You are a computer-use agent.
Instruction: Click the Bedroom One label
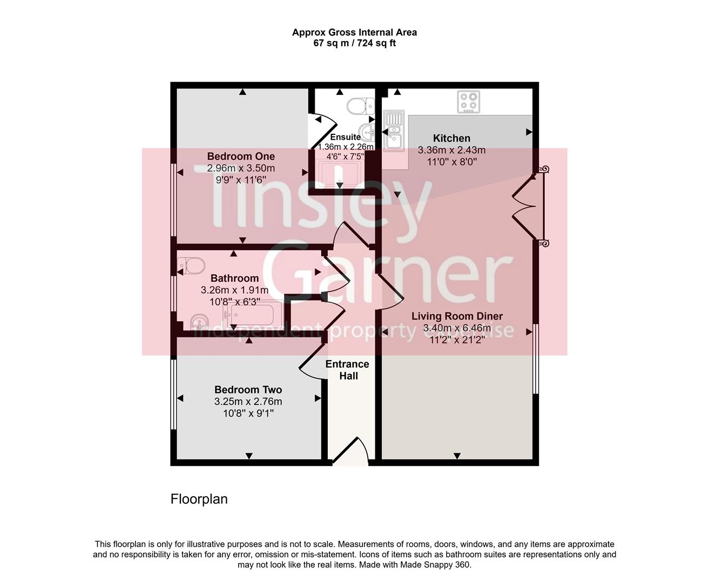tap(241, 157)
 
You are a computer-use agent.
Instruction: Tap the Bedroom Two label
tap(248, 390)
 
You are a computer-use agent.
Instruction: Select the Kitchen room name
tap(451, 138)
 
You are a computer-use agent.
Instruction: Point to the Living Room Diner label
tap(457, 316)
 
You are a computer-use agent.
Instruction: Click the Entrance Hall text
tap(348, 370)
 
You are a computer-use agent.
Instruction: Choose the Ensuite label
tap(345, 137)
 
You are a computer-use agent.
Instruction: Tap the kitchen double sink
tap(394, 130)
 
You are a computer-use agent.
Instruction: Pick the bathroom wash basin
tap(200, 322)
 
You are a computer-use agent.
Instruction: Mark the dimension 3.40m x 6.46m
tap(457, 328)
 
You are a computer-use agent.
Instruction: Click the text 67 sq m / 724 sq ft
tap(354, 43)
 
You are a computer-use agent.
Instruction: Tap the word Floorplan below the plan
tap(199, 499)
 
